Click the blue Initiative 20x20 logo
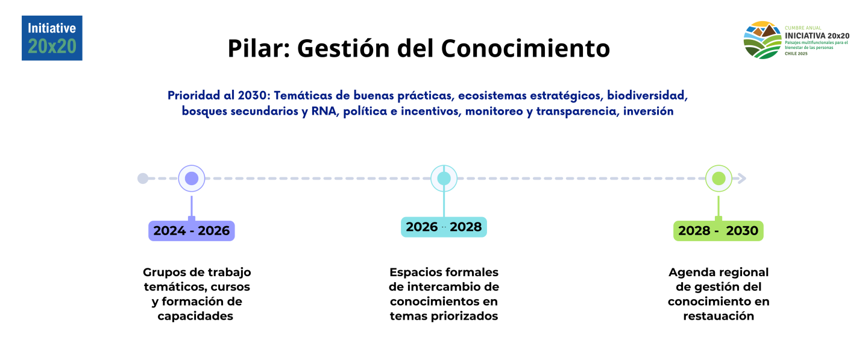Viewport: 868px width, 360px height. [x=52, y=38]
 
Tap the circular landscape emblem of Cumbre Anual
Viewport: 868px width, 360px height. [x=763, y=40]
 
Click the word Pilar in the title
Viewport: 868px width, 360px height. [x=259, y=48]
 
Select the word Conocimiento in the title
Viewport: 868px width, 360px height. [x=526, y=48]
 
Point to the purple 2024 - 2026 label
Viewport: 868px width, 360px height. [x=192, y=231]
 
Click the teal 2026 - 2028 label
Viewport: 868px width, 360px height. [x=444, y=227]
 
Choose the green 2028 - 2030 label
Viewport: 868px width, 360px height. [x=719, y=231]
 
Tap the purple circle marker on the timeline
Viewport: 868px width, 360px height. [x=192, y=178]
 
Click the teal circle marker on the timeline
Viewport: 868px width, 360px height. [x=444, y=178]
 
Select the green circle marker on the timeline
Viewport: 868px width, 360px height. [x=719, y=178]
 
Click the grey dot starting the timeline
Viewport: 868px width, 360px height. [x=143, y=178]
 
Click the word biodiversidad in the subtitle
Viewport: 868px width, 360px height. [x=647, y=95]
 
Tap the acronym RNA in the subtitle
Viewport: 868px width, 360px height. [x=324, y=111]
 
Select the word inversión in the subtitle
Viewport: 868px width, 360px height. [x=649, y=111]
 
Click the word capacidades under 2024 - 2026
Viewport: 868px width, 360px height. [x=195, y=317]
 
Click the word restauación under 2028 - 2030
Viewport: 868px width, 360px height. [x=719, y=316]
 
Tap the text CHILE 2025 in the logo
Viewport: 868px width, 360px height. [x=796, y=54]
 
